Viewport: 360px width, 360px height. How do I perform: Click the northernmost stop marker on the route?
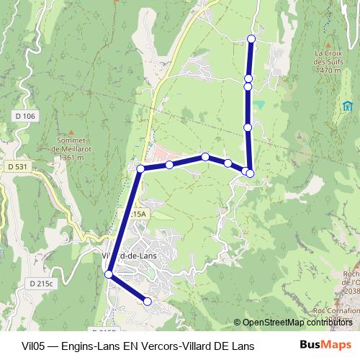pos(251,38)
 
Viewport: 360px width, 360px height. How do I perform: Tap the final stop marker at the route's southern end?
pos(148,302)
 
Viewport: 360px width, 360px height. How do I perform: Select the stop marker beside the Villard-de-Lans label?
pos(109,274)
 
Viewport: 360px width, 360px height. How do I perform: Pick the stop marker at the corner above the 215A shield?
pos(141,168)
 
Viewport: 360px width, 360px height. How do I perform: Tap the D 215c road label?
pos(42,283)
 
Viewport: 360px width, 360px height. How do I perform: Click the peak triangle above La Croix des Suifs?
pos(328,44)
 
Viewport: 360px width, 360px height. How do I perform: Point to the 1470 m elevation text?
pos(328,71)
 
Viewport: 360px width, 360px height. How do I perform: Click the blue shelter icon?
pos(347,107)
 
